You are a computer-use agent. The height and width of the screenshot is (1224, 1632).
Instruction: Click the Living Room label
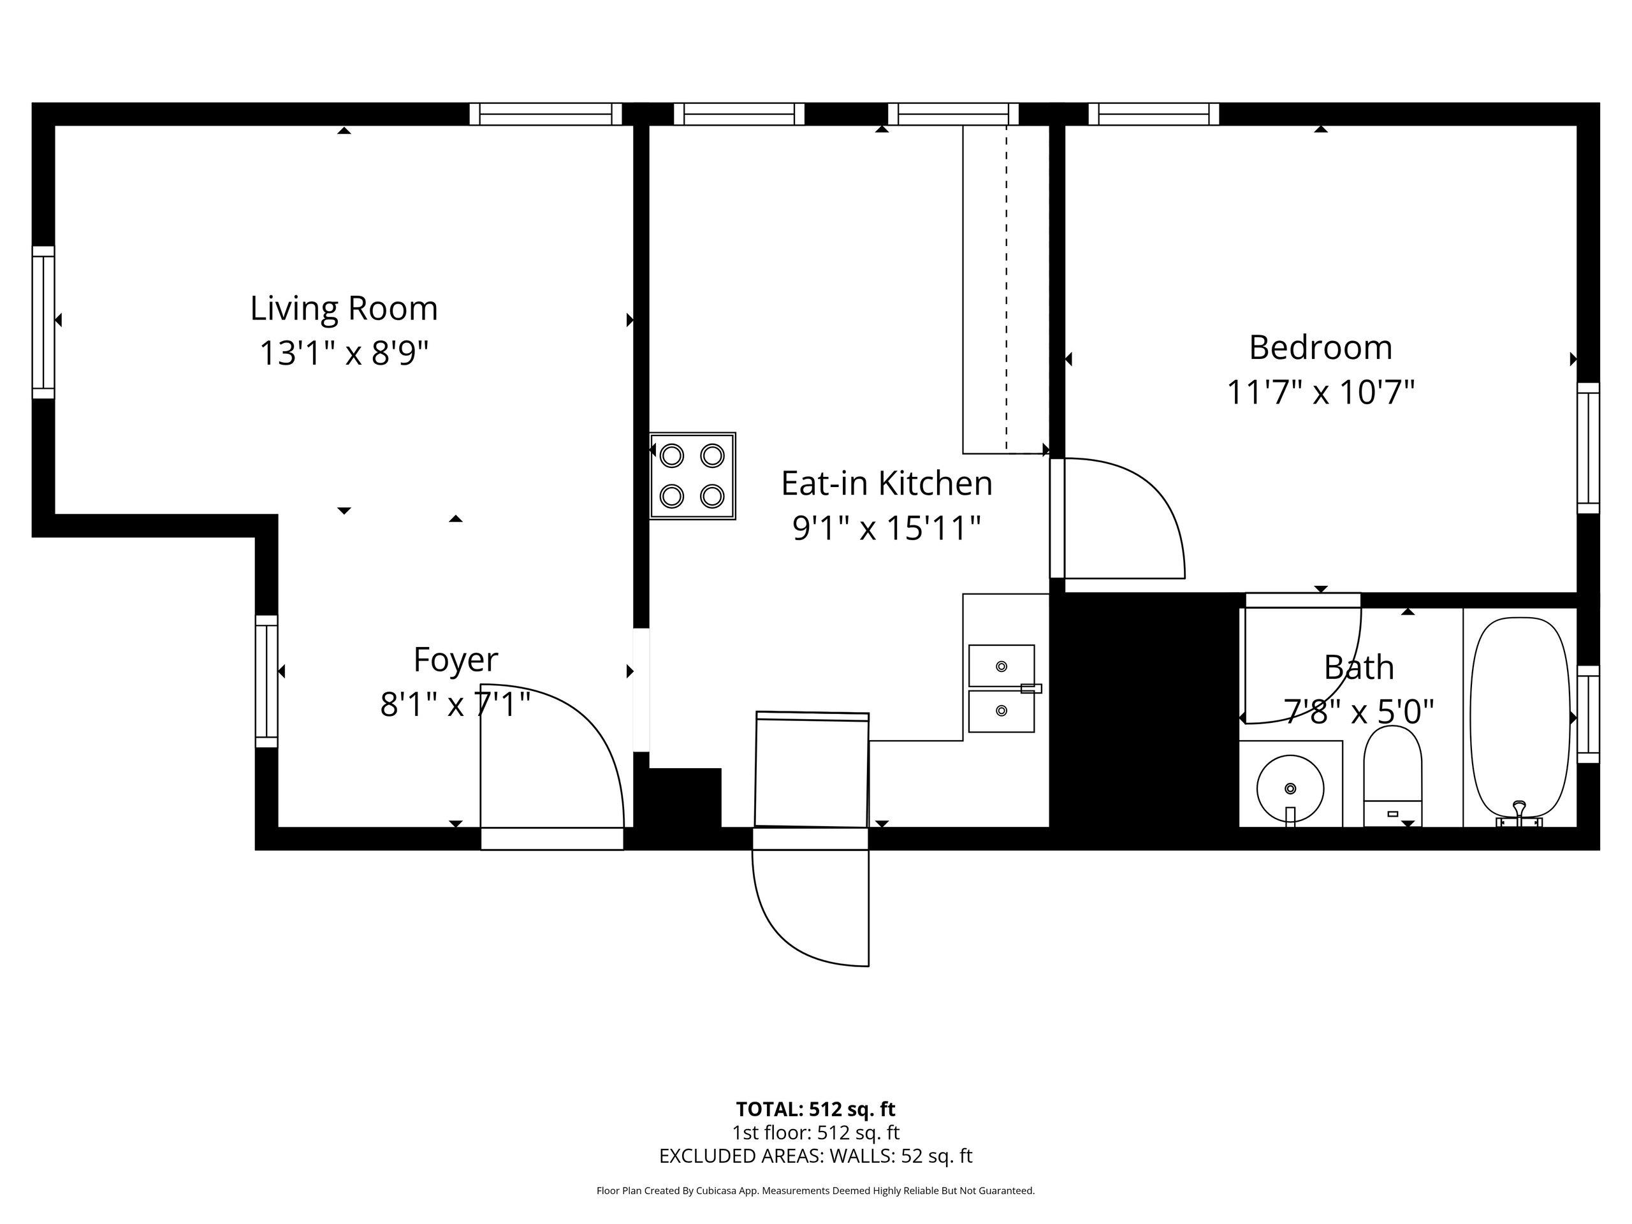pyautogui.click(x=344, y=309)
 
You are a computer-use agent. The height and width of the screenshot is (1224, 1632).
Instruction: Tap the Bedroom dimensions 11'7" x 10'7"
pyautogui.click(x=1321, y=393)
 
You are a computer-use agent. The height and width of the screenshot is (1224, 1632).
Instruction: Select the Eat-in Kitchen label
pyautogui.click(x=887, y=484)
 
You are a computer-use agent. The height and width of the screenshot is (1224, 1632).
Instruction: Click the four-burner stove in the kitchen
pyautogui.click(x=692, y=476)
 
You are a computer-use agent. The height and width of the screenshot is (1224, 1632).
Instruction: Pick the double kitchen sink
pyautogui.click(x=1001, y=688)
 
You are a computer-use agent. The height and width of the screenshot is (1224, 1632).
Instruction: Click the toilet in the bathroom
pyautogui.click(x=1392, y=775)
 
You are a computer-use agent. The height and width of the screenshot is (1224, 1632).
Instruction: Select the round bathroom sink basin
pyautogui.click(x=1290, y=788)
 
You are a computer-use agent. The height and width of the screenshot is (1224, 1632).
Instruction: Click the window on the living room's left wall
pyautogui.click(x=43, y=323)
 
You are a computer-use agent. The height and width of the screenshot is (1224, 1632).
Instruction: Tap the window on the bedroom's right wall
pyautogui.click(x=1589, y=448)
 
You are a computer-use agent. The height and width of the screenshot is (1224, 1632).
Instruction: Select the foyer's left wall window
pyautogui.click(x=266, y=681)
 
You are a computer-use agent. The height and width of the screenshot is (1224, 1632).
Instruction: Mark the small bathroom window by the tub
pyautogui.click(x=1589, y=714)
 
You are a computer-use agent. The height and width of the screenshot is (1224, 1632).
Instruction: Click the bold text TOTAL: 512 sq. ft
pyautogui.click(x=815, y=1109)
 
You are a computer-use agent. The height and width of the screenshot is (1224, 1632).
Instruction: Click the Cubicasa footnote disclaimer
pyautogui.click(x=815, y=1191)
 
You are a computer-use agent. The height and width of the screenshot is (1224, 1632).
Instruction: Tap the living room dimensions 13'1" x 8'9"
pyautogui.click(x=344, y=353)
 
